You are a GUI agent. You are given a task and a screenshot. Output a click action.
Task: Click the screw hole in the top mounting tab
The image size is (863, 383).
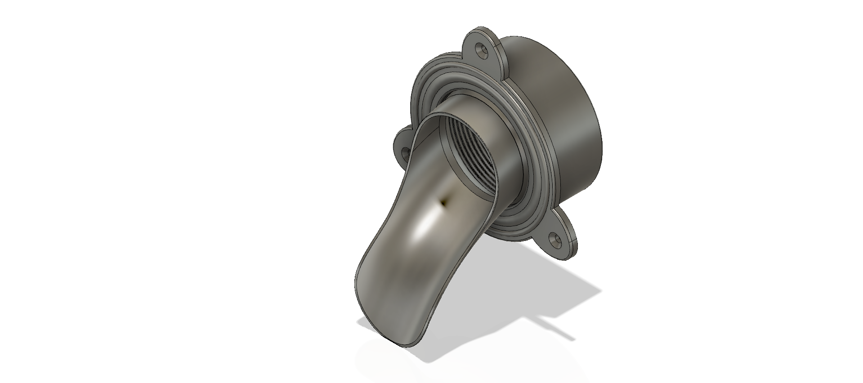pyautogui.click(x=482, y=48)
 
